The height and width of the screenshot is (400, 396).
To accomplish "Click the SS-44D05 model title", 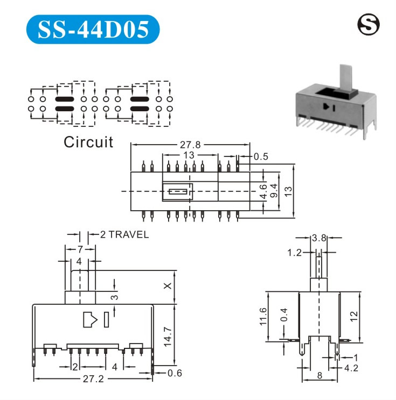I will click(x=93, y=30).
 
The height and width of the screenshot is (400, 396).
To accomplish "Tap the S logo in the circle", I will click(x=368, y=24).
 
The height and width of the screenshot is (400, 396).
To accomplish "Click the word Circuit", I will click(x=88, y=142).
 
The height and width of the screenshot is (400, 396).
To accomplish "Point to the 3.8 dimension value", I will click(x=318, y=237).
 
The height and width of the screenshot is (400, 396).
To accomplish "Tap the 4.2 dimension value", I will click(x=351, y=368).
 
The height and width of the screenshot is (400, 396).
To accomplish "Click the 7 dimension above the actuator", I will click(x=80, y=249).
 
